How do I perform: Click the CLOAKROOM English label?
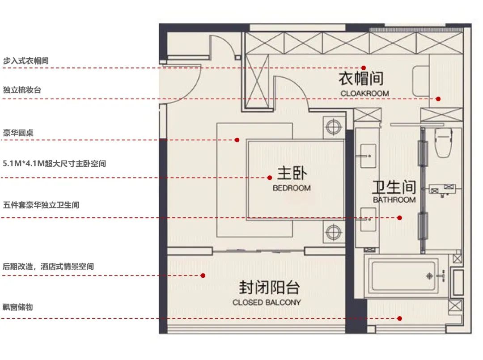pyautogui.click(x=364, y=93)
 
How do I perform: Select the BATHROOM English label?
pyautogui.click(x=394, y=200)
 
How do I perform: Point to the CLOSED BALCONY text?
pyautogui.click(x=267, y=302)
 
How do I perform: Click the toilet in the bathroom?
pyautogui.click(x=443, y=143)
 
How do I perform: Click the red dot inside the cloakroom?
pyautogui.click(x=364, y=68)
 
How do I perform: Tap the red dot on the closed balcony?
pyautogui.click(x=203, y=275)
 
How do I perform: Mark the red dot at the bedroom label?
pyautogui.click(x=270, y=178)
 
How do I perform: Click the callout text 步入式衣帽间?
pyautogui.click(x=25, y=61)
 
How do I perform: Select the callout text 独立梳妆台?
pyautogui.click(x=22, y=90)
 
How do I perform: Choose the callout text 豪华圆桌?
pyautogui.click(x=18, y=133)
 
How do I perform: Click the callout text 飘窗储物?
pyautogui.click(x=18, y=307)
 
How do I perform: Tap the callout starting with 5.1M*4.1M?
pyautogui.click(x=54, y=164)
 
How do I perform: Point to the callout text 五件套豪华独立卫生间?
pyautogui.click(x=41, y=205)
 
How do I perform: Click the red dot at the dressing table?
pyautogui.click(x=439, y=99)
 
